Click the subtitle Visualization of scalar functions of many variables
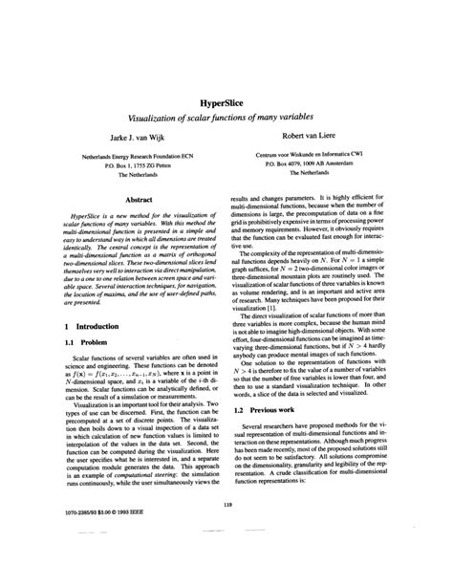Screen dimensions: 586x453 pyautogui.click(x=225, y=115)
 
